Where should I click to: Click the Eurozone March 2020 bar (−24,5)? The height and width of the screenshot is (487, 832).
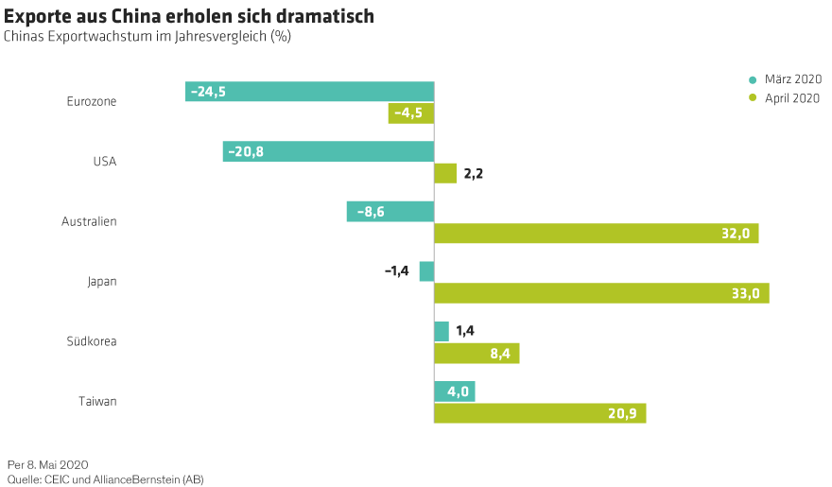309,92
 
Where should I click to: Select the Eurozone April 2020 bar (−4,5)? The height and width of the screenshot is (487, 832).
410,113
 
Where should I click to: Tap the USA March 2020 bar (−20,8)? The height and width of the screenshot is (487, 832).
328,151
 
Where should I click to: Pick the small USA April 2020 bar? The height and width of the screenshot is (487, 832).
444,173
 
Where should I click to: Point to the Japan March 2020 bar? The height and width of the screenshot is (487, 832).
426,271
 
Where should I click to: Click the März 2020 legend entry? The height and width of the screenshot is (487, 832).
785,79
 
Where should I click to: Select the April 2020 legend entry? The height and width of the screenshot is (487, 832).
785,98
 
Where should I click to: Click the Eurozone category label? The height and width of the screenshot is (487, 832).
92,101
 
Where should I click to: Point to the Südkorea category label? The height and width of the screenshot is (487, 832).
92,341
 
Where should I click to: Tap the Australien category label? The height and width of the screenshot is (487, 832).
89,221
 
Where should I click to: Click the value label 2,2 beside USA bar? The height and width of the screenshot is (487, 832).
474,174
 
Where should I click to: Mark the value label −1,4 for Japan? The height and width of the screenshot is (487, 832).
396,271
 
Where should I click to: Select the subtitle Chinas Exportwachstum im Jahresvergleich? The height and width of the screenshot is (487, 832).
147,37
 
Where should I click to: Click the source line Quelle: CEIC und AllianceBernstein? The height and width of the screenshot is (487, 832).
105,479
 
